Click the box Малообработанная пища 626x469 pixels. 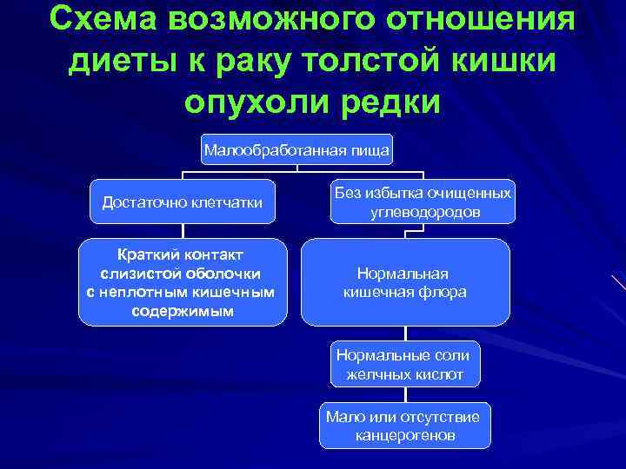(x=297, y=150)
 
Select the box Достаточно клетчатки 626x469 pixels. (x=183, y=202)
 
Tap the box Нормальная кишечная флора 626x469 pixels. (x=405, y=282)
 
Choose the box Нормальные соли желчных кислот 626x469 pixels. (x=403, y=365)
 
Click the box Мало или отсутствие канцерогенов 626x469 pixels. (x=405, y=426)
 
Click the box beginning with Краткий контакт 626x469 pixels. (x=183, y=282)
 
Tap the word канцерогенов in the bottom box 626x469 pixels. (x=405, y=434)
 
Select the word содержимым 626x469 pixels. (x=183, y=310)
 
